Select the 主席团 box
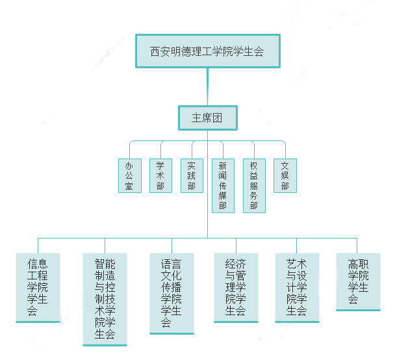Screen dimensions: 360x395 (207, 118)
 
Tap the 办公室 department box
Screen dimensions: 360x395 (129, 175)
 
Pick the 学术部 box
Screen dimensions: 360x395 (160, 175)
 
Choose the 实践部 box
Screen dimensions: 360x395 (192, 175)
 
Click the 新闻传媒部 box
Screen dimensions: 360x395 (223, 185)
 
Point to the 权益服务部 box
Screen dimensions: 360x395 (254, 185)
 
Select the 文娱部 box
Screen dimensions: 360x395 (285, 175)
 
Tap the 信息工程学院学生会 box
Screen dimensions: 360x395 (38, 287)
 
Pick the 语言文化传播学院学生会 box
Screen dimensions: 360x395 (172, 293)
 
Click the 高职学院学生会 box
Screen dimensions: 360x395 (358, 281)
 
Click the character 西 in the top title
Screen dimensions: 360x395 (155, 51)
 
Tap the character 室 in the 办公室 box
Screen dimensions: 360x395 (129, 186)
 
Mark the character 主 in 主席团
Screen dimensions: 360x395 (196, 118)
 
